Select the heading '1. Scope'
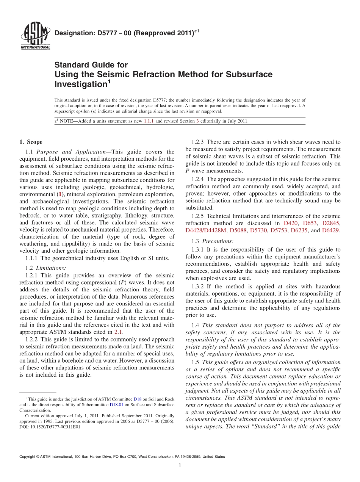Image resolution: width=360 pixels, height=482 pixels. pyautogui.click(x=31, y=142)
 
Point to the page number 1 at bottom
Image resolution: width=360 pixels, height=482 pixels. pyautogui.click(x=180, y=466)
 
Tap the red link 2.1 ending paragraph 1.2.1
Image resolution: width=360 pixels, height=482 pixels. pyautogui.click(x=119, y=332)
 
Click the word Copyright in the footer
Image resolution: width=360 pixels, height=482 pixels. pyautogui.click(x=28, y=457)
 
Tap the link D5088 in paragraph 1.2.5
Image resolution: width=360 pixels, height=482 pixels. pyautogui.click(x=238, y=230)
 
